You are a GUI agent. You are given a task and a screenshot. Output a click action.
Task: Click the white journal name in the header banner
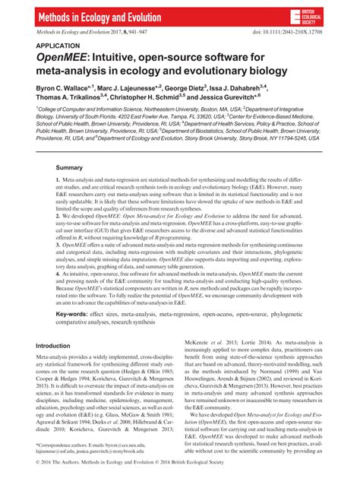(100, 15)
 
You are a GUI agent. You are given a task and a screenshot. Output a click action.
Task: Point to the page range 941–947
(129, 33)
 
